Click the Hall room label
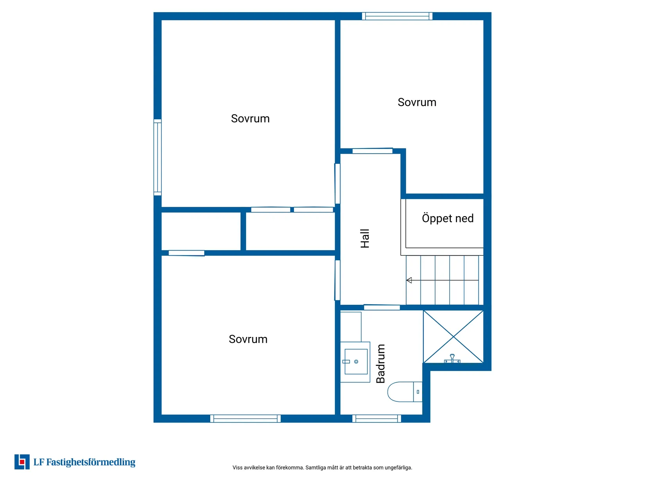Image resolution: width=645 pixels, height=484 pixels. click(x=364, y=238)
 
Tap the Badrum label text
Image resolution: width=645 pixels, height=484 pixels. click(x=380, y=364)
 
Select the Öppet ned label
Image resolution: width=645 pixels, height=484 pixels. click(x=448, y=218)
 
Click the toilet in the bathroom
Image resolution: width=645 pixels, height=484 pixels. click(x=405, y=392)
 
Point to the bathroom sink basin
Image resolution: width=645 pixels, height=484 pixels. click(x=356, y=362)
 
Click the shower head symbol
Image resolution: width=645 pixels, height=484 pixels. click(x=452, y=358)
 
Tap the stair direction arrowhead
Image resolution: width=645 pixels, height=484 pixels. click(x=409, y=280)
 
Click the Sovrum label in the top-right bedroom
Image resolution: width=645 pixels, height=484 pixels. click(x=417, y=102)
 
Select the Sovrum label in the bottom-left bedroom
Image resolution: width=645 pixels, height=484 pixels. click(x=248, y=339)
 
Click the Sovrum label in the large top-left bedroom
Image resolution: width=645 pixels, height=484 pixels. click(x=250, y=118)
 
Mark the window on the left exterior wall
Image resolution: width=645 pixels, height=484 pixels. click(x=158, y=157)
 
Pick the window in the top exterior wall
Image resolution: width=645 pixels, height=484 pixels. click(x=397, y=16)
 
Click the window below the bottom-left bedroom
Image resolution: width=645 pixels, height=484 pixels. click(x=245, y=418)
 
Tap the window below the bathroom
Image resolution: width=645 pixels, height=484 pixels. click(x=376, y=418)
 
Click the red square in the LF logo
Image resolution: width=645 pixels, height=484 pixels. click(x=22, y=462)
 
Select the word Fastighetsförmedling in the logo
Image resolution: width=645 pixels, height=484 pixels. click(x=91, y=462)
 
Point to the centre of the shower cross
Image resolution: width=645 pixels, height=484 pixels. click(x=453, y=337)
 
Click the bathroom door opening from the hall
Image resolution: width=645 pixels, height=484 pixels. click(x=382, y=308)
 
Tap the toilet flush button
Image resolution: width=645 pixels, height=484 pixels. click(x=417, y=392)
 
